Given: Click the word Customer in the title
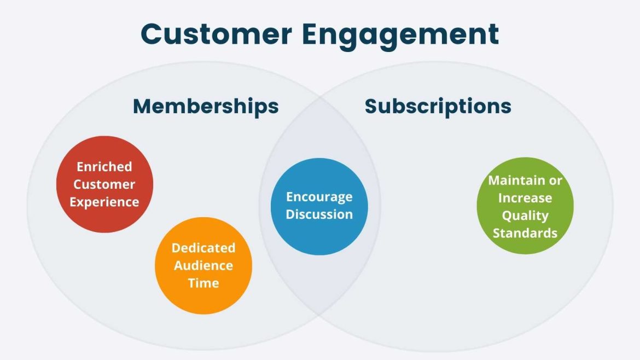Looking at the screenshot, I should (216, 34).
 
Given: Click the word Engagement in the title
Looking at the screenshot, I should (400, 35).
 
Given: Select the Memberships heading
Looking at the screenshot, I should (206, 106).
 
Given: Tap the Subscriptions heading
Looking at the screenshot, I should (438, 106).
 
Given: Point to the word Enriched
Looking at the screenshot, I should (104, 166).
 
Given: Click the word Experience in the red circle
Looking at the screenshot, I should (104, 202).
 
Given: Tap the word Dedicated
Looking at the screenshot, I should (203, 248).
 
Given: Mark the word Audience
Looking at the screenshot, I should (203, 265).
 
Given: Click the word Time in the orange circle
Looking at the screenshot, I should (203, 283).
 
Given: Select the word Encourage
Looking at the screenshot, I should (319, 196).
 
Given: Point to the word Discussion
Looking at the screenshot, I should (319, 214).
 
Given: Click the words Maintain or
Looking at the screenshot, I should (525, 180).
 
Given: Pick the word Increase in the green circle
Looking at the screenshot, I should (525, 198).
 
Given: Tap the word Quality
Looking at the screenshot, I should (525, 216).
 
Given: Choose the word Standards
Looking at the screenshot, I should (525, 233).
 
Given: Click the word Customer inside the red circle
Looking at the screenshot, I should (104, 184).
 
